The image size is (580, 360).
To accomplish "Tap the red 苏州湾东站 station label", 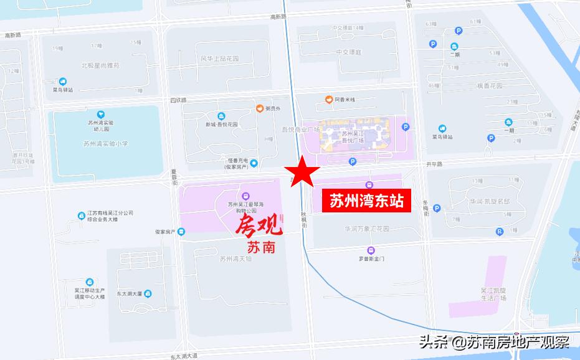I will pyautogui.click(x=366, y=201).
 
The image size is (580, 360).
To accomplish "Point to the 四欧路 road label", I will pyautogui.click(x=178, y=99).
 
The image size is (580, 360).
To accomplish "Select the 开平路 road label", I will pyautogui.click(x=434, y=164).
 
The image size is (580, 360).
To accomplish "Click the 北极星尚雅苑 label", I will pyautogui.click(x=100, y=65).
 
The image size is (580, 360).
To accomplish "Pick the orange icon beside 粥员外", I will pyautogui.click(x=260, y=108).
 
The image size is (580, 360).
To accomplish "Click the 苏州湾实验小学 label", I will pyautogui.click(x=105, y=144).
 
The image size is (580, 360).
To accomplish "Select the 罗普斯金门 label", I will pyautogui.click(x=372, y=258).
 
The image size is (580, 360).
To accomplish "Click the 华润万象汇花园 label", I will pyautogui.click(x=366, y=229).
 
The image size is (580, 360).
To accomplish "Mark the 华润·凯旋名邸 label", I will pyautogui.click(x=490, y=201).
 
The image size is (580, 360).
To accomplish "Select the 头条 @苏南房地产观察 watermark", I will pyautogui.click(x=494, y=342).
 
